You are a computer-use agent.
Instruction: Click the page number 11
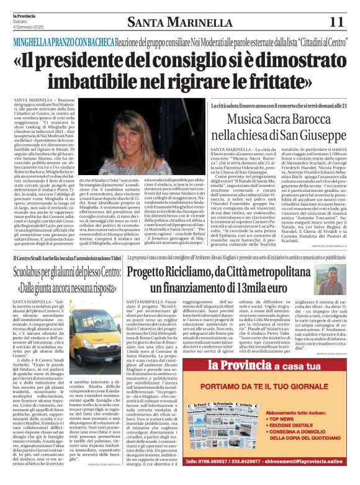[336, 22]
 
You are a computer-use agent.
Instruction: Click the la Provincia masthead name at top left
[25, 14]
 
